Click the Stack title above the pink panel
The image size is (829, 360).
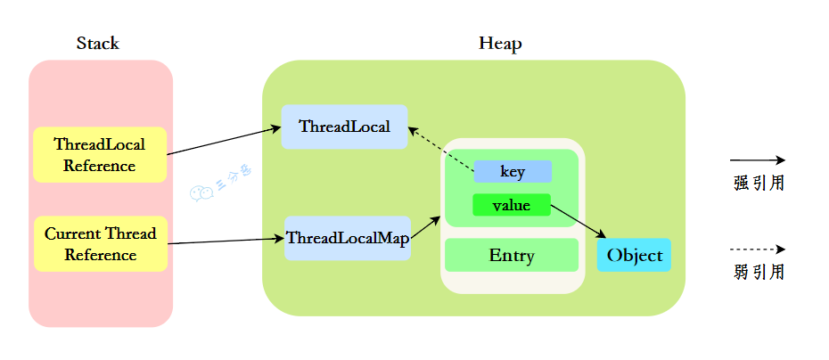coord(97,44)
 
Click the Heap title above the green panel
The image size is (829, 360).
coord(500,44)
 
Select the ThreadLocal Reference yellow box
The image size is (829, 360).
coord(100,154)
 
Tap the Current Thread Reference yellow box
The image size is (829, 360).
coord(100,244)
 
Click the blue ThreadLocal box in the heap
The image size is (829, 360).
coord(344,127)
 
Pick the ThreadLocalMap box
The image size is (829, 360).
coord(348,239)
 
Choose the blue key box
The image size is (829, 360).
coord(513,171)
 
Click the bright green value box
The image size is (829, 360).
coord(512,205)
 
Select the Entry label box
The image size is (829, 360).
coord(512,256)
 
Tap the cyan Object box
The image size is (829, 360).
coord(634,256)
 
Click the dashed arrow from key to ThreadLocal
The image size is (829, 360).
coord(440,149)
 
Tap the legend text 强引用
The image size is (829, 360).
coord(759,184)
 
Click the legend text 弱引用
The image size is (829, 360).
coord(759,273)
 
